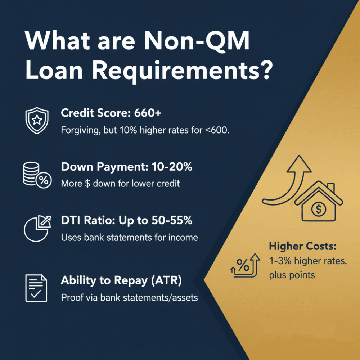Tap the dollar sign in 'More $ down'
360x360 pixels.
(87, 183)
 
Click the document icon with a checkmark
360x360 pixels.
(36, 288)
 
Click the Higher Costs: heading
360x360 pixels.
(302, 247)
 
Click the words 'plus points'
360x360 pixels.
(292, 275)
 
